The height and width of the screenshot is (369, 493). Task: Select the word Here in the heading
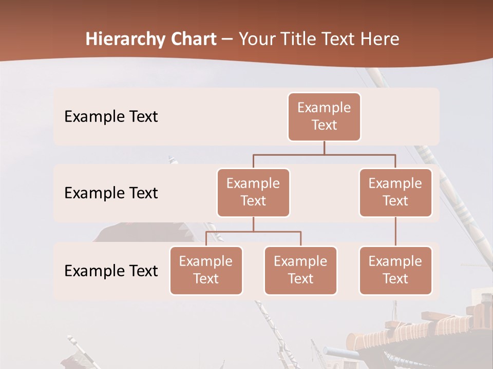tap(380, 39)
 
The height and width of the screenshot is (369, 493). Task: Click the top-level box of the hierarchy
tap(324, 116)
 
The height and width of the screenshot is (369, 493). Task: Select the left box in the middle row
tap(253, 192)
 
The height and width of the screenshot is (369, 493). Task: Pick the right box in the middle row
tap(395, 192)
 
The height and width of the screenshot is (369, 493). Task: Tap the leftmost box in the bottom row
tap(206, 270)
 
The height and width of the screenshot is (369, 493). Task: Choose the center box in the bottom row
tap(300, 270)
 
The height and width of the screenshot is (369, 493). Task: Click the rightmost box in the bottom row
tap(395, 270)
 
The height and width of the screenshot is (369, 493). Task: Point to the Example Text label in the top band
tap(111, 116)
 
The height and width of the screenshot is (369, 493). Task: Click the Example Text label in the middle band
tap(111, 193)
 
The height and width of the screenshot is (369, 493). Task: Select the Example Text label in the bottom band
tap(111, 271)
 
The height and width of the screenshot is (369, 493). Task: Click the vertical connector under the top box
tap(324, 148)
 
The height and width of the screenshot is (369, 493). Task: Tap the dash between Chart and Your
tap(227, 39)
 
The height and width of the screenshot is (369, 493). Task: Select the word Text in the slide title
tap(338, 39)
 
